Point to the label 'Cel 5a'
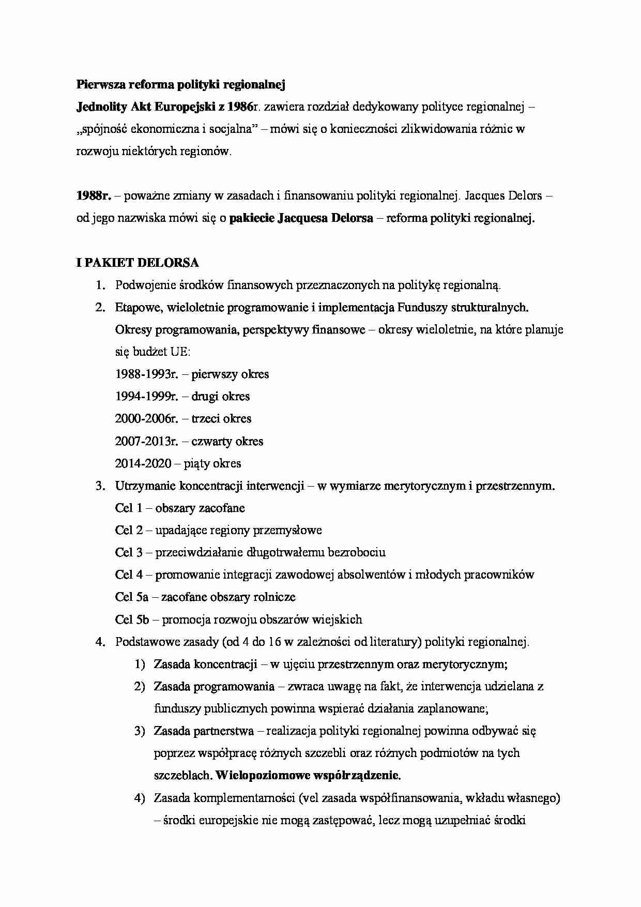tap(132, 597)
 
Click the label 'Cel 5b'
tap(132, 619)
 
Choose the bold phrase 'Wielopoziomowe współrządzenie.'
tap(308, 776)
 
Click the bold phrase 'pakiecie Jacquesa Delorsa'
tap(301, 218)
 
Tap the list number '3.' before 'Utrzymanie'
tap(100, 486)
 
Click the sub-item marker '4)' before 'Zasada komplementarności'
tap(140, 798)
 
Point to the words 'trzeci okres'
tap(221, 419)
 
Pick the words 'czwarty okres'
tap(227, 441)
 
